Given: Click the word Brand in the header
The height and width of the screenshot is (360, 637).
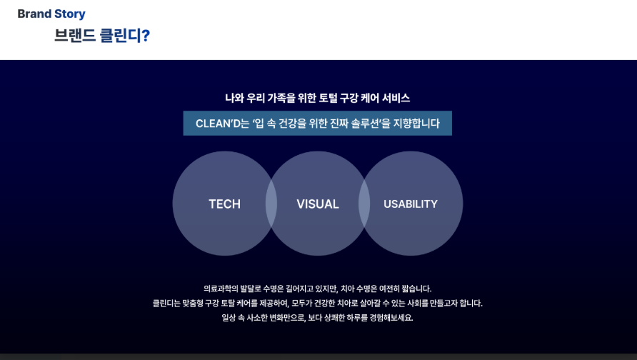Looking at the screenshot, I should (x=34, y=14).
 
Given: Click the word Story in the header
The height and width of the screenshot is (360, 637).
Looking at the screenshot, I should (x=70, y=14).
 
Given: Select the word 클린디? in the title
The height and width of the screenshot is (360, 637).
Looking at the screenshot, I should (x=124, y=36).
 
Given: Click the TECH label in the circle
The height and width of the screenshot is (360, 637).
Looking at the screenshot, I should (x=224, y=204).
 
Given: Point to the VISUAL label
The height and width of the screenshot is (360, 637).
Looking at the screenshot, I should (x=318, y=204).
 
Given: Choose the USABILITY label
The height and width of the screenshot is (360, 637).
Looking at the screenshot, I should (x=411, y=204).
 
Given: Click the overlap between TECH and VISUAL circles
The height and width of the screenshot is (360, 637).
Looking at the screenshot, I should (x=271, y=204).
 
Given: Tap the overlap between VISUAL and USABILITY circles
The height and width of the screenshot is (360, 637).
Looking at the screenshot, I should (x=364, y=204).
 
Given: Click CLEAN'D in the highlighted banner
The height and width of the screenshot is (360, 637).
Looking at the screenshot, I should (x=217, y=124).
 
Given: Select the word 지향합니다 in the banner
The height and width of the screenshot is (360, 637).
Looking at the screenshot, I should (x=417, y=124).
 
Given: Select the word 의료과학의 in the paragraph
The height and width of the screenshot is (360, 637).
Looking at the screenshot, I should (x=221, y=289).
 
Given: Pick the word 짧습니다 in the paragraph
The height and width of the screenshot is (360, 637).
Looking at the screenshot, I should (x=415, y=289).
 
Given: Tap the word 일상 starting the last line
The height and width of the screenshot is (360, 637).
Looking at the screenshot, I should (x=229, y=319).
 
